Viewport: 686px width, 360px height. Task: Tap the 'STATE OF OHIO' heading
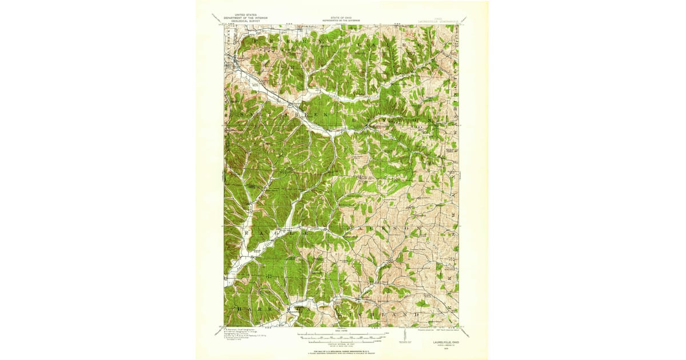click(x=341, y=18)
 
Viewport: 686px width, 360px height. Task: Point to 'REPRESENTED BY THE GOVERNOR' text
click(x=341, y=21)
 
